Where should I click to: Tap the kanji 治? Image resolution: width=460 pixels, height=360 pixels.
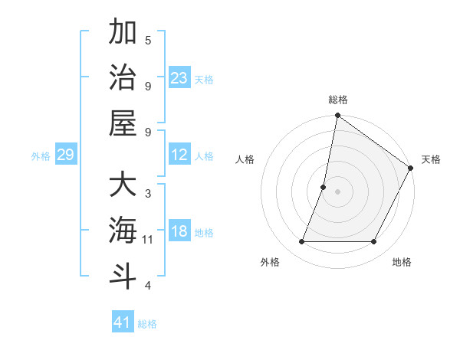click(x=123, y=77)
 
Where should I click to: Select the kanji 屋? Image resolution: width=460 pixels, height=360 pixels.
click(x=123, y=123)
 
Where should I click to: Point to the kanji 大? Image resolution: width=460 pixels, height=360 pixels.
click(x=123, y=185)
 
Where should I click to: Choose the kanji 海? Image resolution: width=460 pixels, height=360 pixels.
click(x=123, y=231)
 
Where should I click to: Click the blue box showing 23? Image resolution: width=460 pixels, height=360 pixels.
click(x=179, y=78)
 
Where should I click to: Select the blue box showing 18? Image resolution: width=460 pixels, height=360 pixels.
click(x=179, y=232)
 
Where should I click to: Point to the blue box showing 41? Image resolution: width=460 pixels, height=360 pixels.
click(x=123, y=322)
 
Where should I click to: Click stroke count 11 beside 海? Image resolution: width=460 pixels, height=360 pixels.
click(x=148, y=240)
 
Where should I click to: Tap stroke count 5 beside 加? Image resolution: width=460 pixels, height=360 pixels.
click(x=148, y=40)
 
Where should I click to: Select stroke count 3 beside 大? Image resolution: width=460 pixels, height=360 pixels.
click(x=148, y=194)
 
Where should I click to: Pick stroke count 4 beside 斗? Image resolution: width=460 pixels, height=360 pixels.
click(x=148, y=286)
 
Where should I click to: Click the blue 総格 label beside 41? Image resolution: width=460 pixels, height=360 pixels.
click(x=147, y=324)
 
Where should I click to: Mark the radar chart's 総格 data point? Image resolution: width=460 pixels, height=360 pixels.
click(x=337, y=116)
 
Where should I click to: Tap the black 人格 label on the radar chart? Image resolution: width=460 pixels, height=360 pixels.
click(x=245, y=159)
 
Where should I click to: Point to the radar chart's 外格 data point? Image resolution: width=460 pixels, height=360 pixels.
click(x=301, y=242)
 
